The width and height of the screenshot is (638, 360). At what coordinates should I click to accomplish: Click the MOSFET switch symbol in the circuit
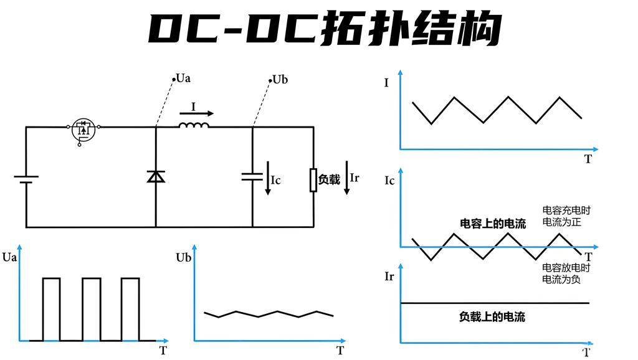pyautogui.click(x=83, y=130)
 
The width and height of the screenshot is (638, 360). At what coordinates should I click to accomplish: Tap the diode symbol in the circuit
pyautogui.click(x=156, y=176)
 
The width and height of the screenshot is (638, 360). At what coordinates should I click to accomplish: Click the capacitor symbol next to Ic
pyautogui.click(x=252, y=176)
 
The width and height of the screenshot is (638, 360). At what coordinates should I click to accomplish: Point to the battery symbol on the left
pyautogui.click(x=26, y=179)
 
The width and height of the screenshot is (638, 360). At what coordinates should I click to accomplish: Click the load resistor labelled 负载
pyautogui.click(x=313, y=179)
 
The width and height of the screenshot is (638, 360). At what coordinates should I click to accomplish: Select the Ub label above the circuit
pyautogui.click(x=280, y=80)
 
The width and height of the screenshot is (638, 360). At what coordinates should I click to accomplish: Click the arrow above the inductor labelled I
pyautogui.click(x=197, y=113)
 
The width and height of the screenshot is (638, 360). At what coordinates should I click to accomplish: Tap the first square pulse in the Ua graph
pyautogui.click(x=52, y=309)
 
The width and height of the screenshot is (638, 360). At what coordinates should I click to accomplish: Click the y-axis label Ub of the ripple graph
pyautogui.click(x=183, y=257)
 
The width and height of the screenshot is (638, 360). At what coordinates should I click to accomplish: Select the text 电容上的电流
pyautogui.click(x=493, y=224)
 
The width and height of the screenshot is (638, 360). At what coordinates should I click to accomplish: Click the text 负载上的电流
pyautogui.click(x=492, y=317)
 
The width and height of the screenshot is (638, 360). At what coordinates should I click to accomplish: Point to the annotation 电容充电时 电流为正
pyautogui.click(x=566, y=216)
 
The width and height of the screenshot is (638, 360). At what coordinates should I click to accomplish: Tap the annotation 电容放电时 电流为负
pyautogui.click(x=566, y=273)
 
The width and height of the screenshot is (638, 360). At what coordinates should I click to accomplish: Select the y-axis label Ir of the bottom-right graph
pyautogui.click(x=389, y=277)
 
